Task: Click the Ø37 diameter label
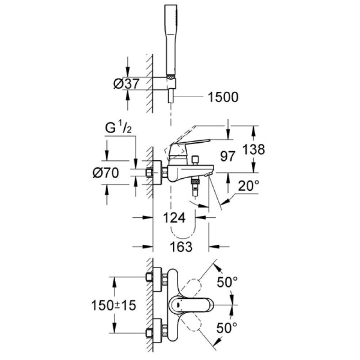[126, 83]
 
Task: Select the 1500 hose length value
[220, 97]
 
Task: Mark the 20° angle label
[248, 185]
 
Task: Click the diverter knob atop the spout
[195, 160]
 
